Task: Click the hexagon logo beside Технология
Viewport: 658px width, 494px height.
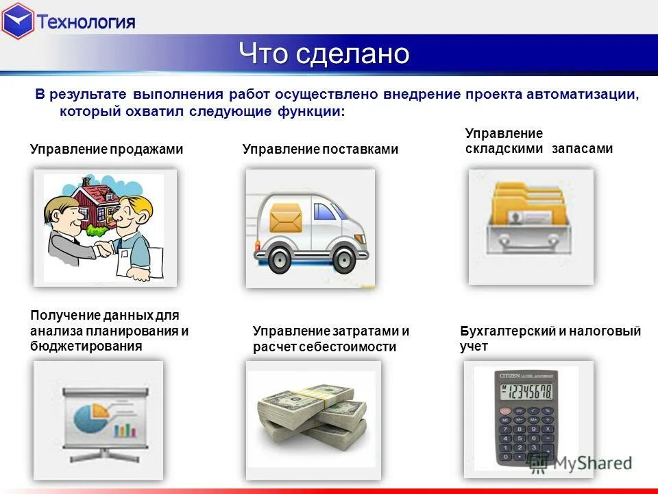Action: click(x=18, y=21)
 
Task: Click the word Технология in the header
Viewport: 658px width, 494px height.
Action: click(x=86, y=21)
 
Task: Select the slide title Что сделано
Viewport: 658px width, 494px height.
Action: click(x=324, y=54)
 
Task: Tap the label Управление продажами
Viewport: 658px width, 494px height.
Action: click(x=106, y=149)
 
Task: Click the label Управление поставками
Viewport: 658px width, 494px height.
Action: click(x=320, y=149)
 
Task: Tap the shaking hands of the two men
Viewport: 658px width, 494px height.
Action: click(x=103, y=248)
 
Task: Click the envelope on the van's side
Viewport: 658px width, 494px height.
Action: click(x=286, y=217)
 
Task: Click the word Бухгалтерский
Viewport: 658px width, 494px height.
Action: click(x=507, y=331)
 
